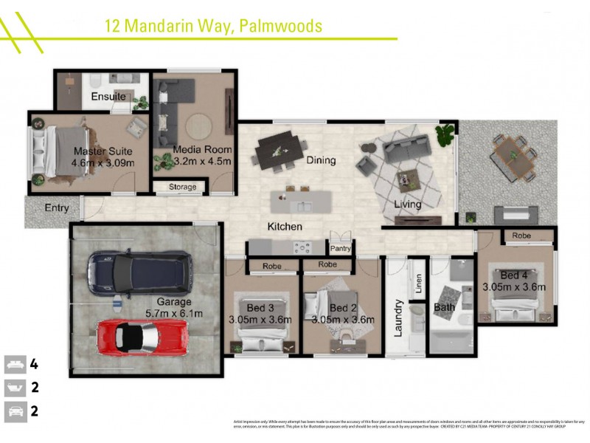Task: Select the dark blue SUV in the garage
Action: tap(139, 271)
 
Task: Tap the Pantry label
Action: tap(340, 249)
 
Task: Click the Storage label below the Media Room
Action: tap(183, 187)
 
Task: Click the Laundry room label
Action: tap(398, 317)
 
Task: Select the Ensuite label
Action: tap(108, 97)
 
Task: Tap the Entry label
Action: tap(57, 208)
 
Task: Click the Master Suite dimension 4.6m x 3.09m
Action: tap(103, 162)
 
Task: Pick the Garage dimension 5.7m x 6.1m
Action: tap(174, 313)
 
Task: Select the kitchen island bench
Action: tap(301, 200)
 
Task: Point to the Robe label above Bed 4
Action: tap(521, 236)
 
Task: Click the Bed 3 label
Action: tap(260, 308)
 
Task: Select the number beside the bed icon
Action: tap(34, 364)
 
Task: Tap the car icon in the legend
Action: tap(14, 411)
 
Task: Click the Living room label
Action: tap(407, 205)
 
